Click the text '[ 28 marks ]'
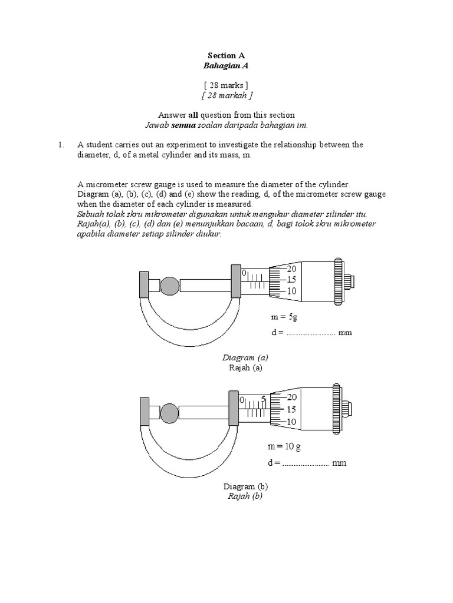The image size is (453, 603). tap(226, 85)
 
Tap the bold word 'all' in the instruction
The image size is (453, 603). tap(193, 115)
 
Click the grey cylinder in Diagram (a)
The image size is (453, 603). tap(170, 286)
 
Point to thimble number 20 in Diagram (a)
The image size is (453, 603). tap(291, 269)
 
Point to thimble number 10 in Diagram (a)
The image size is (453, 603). tap(291, 291)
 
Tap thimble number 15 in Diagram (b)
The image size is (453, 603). tap(291, 409)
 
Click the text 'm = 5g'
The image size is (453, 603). tap(285, 317)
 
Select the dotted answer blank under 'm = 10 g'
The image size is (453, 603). tap(306, 463)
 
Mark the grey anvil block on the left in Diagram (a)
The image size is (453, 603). tap(143, 286)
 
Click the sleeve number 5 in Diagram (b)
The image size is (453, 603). tap(264, 399)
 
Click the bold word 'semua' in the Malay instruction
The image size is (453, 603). tap(183, 125)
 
